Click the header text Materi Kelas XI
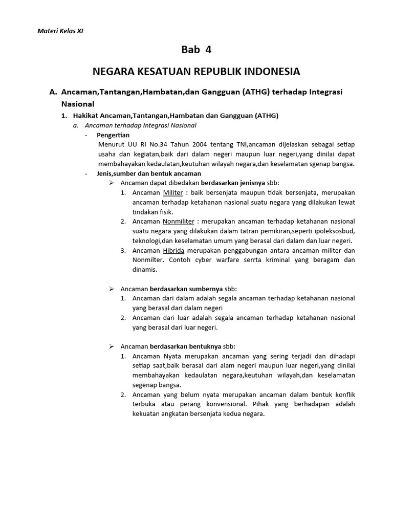(x=60, y=31)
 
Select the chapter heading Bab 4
(x=196, y=50)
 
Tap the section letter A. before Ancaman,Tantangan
(x=53, y=92)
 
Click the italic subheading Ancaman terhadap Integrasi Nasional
(x=141, y=125)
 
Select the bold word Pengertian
(x=113, y=135)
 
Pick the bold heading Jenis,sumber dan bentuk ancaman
(x=141, y=173)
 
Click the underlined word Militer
(x=172, y=192)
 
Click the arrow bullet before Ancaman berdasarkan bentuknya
(x=113, y=346)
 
